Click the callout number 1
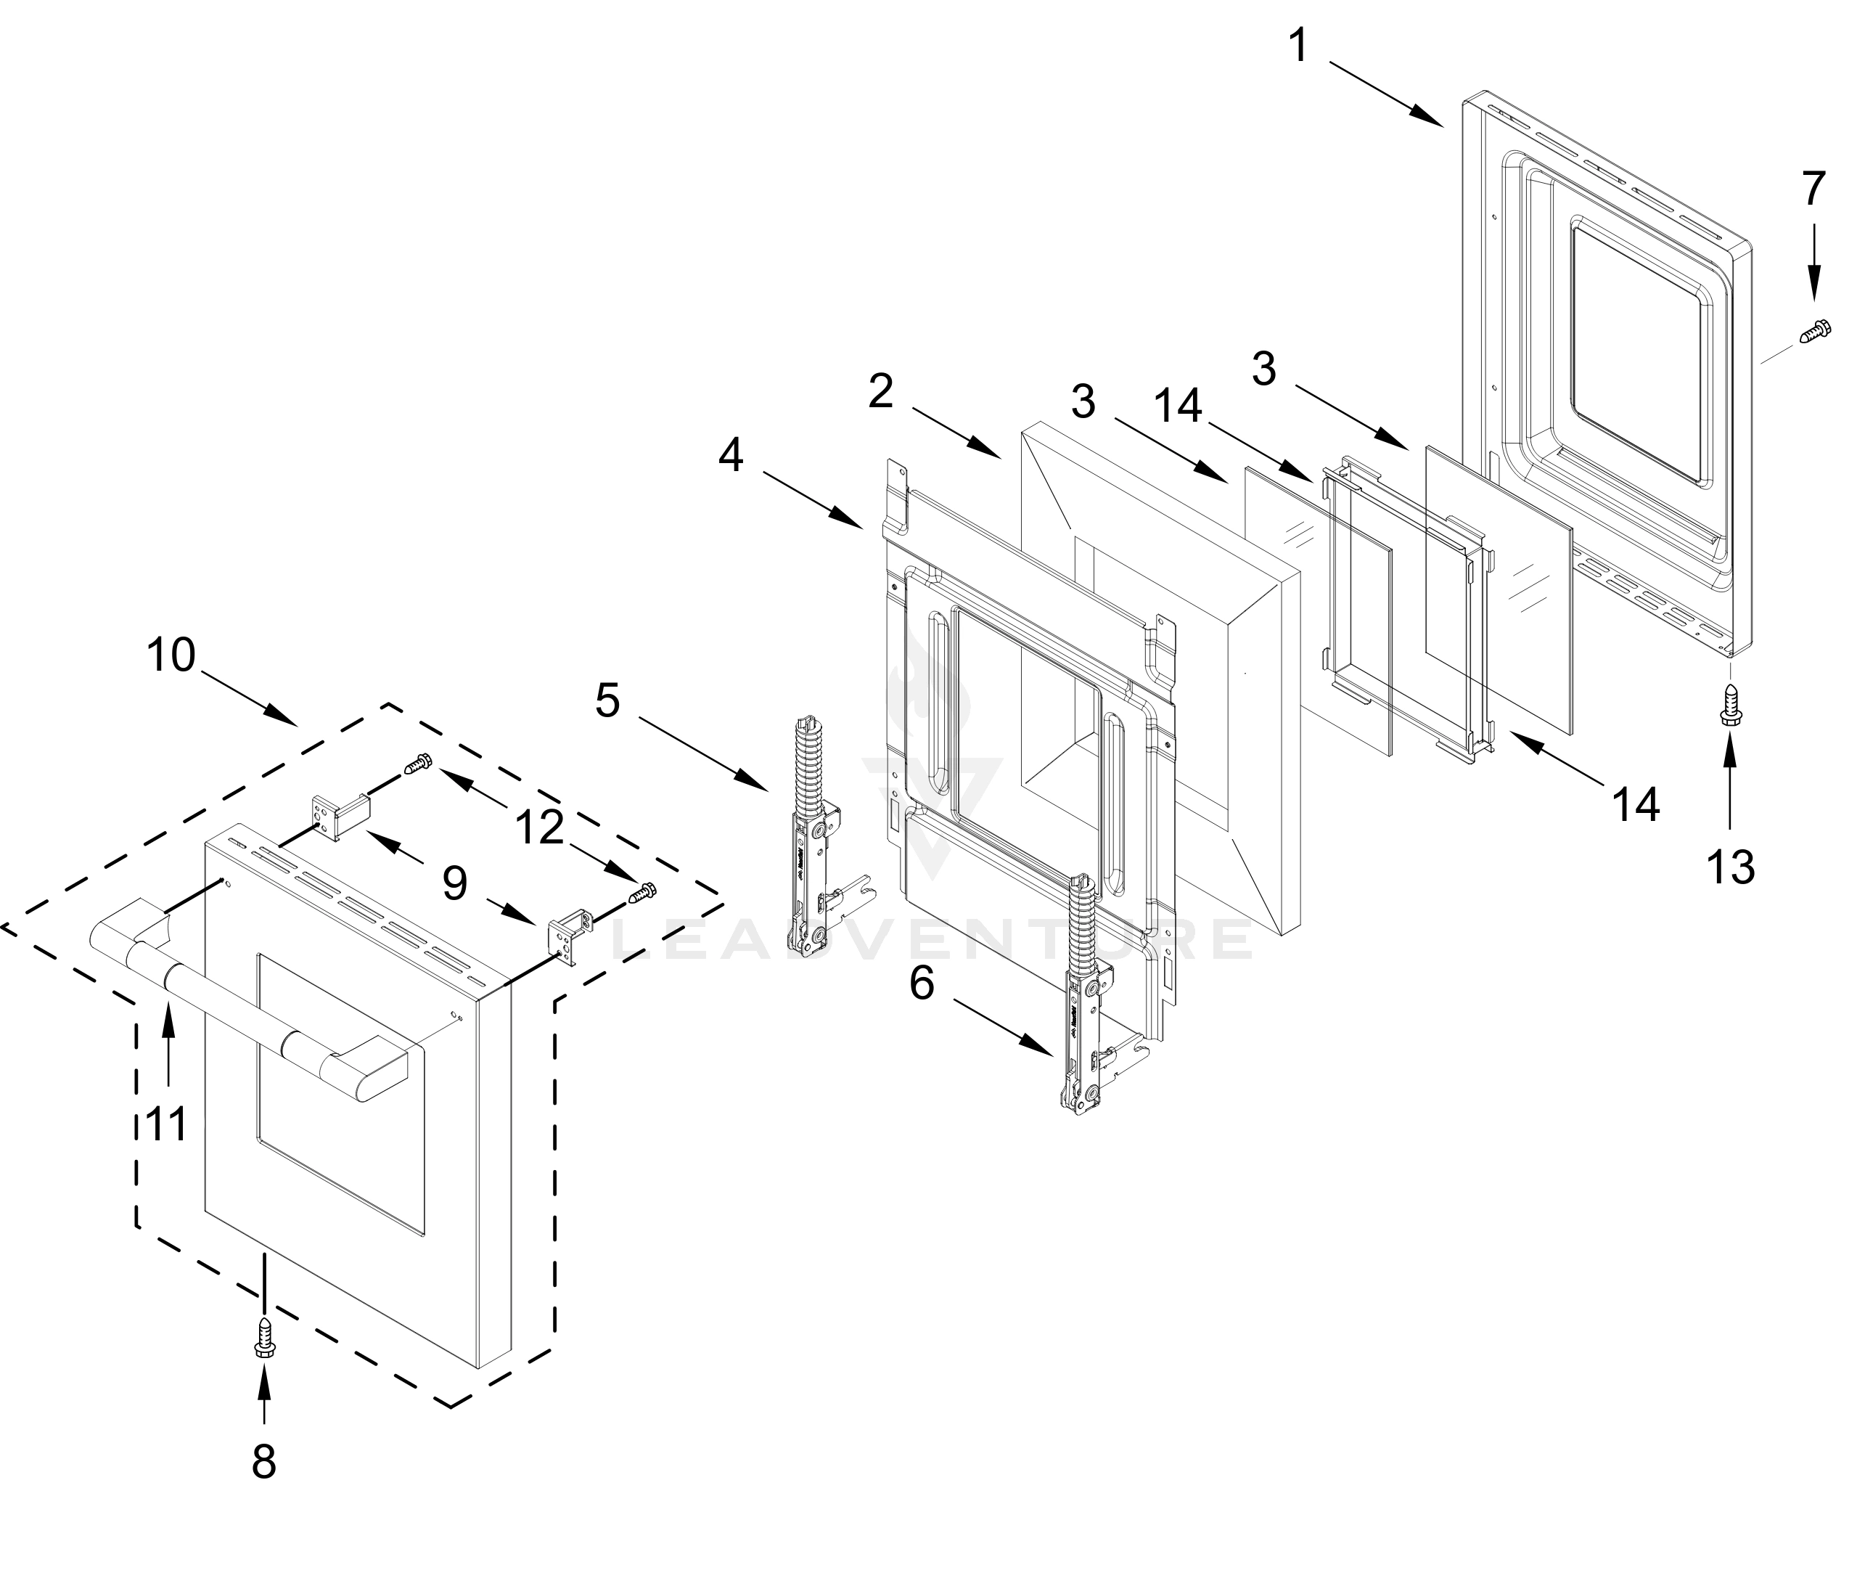[1299, 46]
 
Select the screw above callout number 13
[1730, 705]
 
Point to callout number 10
[171, 655]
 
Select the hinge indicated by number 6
[1085, 1002]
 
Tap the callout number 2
[881, 392]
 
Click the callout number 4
[731, 457]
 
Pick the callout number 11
[167, 1124]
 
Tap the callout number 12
[539, 827]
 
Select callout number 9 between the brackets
[454, 884]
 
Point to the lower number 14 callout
[1636, 804]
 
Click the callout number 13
[1730, 867]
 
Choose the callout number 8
[264, 1463]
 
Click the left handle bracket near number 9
[338, 814]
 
